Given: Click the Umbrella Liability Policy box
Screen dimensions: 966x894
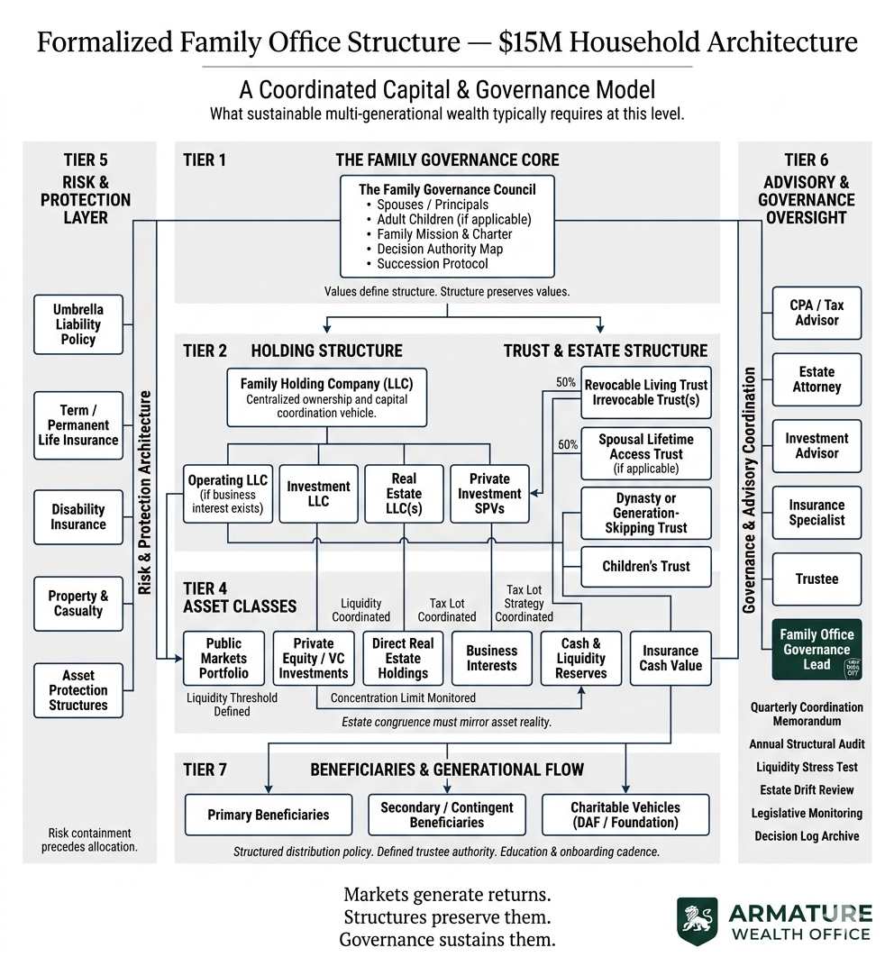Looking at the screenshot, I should pos(78,324).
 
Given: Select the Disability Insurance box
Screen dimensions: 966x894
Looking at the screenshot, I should pos(78,517).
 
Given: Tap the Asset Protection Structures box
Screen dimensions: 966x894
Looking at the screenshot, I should pos(78,690).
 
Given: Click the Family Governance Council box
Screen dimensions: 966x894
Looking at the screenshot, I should pos(447,226).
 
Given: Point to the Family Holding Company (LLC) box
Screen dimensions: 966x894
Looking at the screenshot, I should pos(326,396).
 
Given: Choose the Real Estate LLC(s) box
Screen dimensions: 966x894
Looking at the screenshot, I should pos(404,494).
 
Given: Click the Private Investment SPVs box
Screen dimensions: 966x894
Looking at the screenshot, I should pos(489,494).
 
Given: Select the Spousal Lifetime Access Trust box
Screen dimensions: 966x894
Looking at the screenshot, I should pos(646,454).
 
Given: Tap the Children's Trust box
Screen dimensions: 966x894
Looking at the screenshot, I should pos(646,567).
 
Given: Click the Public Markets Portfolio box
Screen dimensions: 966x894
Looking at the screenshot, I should pos(223,659).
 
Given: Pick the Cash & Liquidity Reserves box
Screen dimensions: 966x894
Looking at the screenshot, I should pos(581,659).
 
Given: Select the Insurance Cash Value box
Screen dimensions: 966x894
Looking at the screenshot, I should pos(670,659).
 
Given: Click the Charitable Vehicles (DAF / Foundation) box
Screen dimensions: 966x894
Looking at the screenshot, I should pos(625,815).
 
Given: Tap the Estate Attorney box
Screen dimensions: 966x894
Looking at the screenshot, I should pos(816,379).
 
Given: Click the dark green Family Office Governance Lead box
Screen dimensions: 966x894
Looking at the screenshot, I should pos(816,650).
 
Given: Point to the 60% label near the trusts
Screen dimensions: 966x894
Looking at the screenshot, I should pos(567,444).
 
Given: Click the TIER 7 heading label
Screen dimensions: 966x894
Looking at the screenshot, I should pos(205,770).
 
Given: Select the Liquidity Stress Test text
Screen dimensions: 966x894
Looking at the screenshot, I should pos(807,768).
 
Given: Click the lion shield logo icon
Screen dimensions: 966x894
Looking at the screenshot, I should pos(698,920).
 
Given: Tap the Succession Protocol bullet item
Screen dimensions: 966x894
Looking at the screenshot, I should pos(433,263).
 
